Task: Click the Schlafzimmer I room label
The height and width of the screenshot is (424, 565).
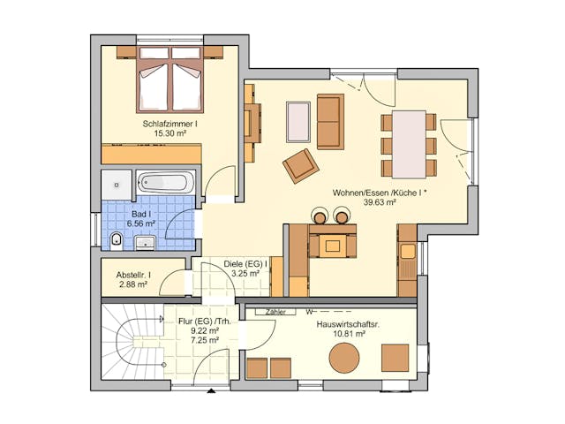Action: click(169, 125)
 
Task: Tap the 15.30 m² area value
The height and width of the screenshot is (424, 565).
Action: click(169, 134)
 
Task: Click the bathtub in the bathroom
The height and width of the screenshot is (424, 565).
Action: click(165, 184)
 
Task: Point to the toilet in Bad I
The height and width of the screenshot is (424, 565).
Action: click(117, 239)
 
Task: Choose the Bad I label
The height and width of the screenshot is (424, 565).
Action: click(140, 214)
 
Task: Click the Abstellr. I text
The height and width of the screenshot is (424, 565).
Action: click(133, 275)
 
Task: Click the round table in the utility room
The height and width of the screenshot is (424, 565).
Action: click(344, 358)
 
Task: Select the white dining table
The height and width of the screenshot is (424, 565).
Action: click(409, 143)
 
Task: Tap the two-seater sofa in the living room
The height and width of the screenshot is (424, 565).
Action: click(330, 122)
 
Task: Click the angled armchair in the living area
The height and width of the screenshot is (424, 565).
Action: click(299, 165)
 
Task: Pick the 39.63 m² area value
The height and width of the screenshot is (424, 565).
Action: click(379, 202)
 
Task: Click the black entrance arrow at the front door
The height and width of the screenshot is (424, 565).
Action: click(210, 390)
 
